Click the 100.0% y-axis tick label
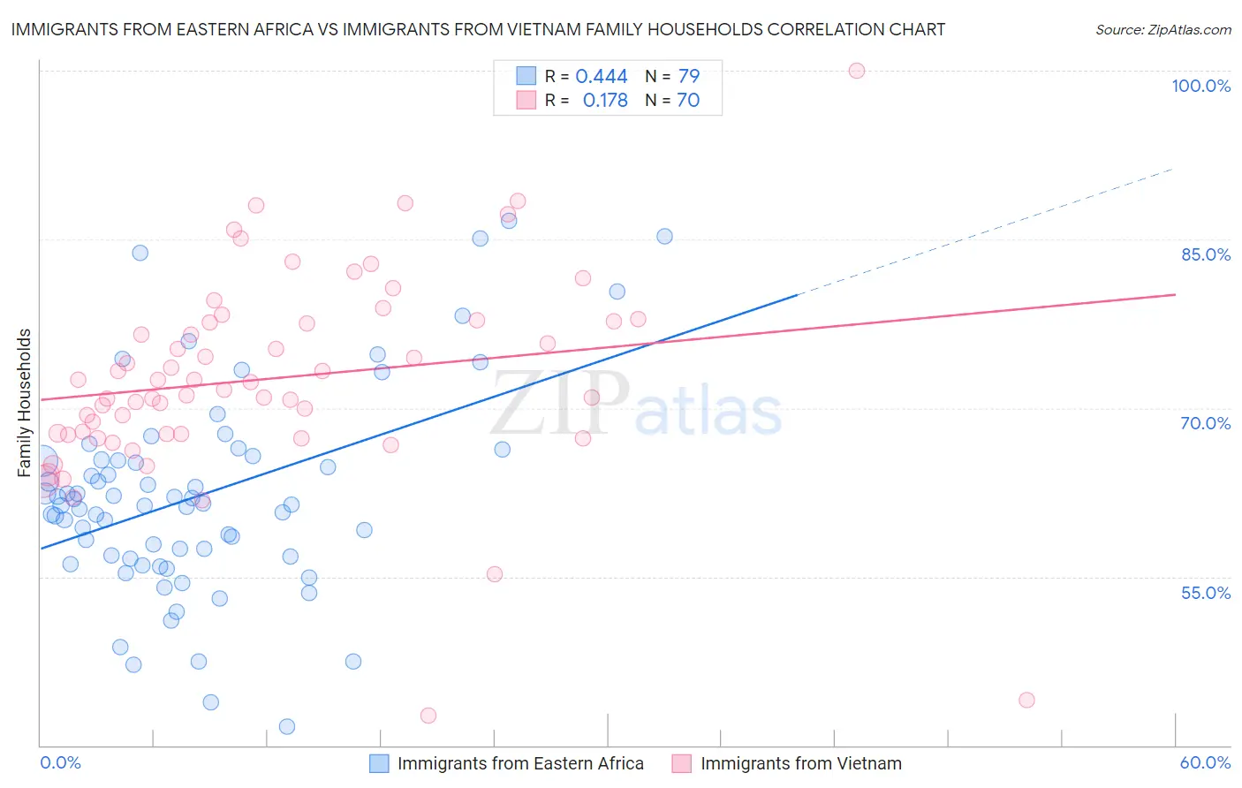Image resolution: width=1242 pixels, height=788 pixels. pos(1200,86)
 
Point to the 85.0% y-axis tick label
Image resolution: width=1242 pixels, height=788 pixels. pos(1206,254)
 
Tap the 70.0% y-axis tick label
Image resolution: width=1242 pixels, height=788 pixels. pos(1206,423)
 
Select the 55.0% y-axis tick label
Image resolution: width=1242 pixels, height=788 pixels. pos(1206,593)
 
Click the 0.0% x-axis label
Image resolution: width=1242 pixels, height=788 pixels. pos(61,762)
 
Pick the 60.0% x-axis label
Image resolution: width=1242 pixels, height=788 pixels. pos(1205,762)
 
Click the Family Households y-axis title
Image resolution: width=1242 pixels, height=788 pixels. pos(25,403)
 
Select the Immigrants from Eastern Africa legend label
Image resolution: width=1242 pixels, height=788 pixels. pos(520,763)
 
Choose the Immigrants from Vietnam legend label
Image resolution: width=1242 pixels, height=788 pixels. pos(801,763)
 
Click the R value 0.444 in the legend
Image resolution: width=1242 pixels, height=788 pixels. pos(602,76)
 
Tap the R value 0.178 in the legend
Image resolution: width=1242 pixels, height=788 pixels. pos(605,101)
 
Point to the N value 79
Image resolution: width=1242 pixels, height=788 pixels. pos(689,76)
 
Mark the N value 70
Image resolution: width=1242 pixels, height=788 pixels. pos(688,101)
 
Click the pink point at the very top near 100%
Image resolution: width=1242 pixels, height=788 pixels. pos(856,71)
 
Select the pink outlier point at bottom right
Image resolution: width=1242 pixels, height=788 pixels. pos(1026,700)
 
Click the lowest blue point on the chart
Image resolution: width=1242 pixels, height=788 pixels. pos(287,726)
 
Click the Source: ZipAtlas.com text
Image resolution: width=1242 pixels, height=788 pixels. pos(1162,29)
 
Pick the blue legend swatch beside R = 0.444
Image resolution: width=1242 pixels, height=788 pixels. pos(526,76)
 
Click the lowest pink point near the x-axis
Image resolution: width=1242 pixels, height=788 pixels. pos(428,716)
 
